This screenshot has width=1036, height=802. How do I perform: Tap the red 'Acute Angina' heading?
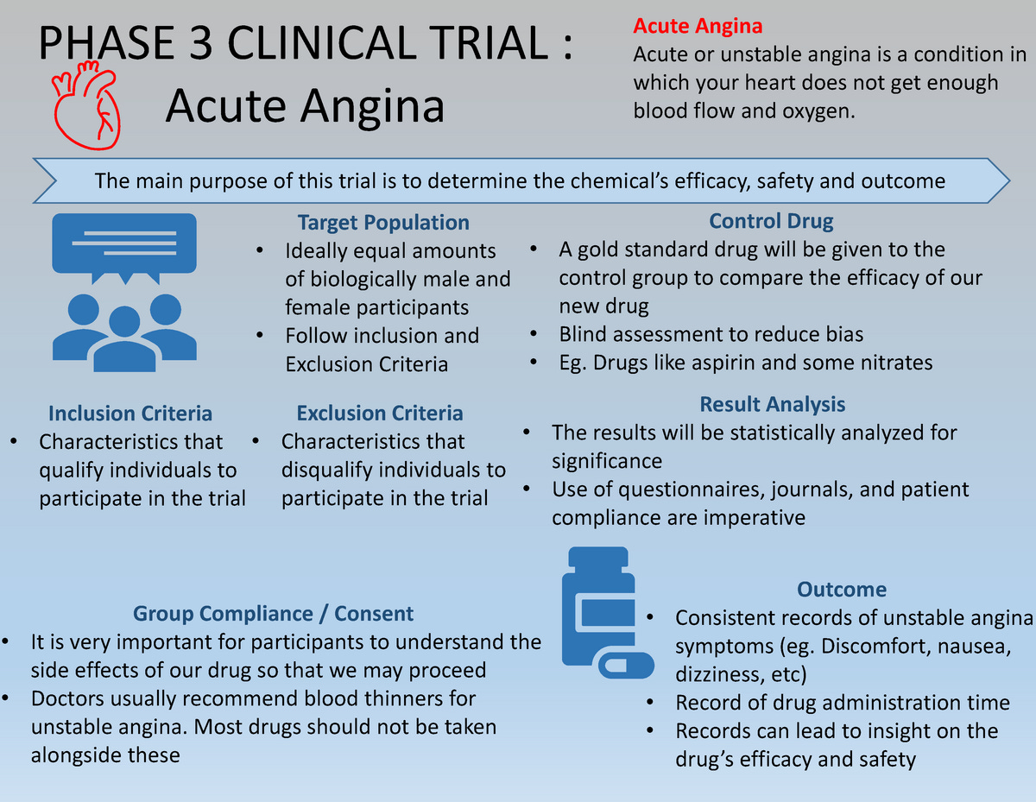pyautogui.click(x=698, y=28)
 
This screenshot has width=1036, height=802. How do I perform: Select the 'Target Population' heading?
pyautogui.click(x=383, y=223)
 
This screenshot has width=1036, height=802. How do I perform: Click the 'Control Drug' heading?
pyautogui.click(x=771, y=221)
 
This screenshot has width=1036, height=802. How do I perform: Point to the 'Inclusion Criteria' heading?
pyautogui.click(x=130, y=414)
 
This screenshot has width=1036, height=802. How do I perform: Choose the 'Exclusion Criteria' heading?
pyautogui.click(x=380, y=414)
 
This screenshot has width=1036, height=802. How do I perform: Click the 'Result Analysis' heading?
pyautogui.click(x=772, y=404)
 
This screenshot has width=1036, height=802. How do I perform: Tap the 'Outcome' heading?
pyautogui.click(x=842, y=590)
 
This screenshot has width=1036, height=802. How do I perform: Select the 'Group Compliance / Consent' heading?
pyautogui.click(x=273, y=614)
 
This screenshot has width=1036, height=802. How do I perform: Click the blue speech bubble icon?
pyautogui.click(x=124, y=244)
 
